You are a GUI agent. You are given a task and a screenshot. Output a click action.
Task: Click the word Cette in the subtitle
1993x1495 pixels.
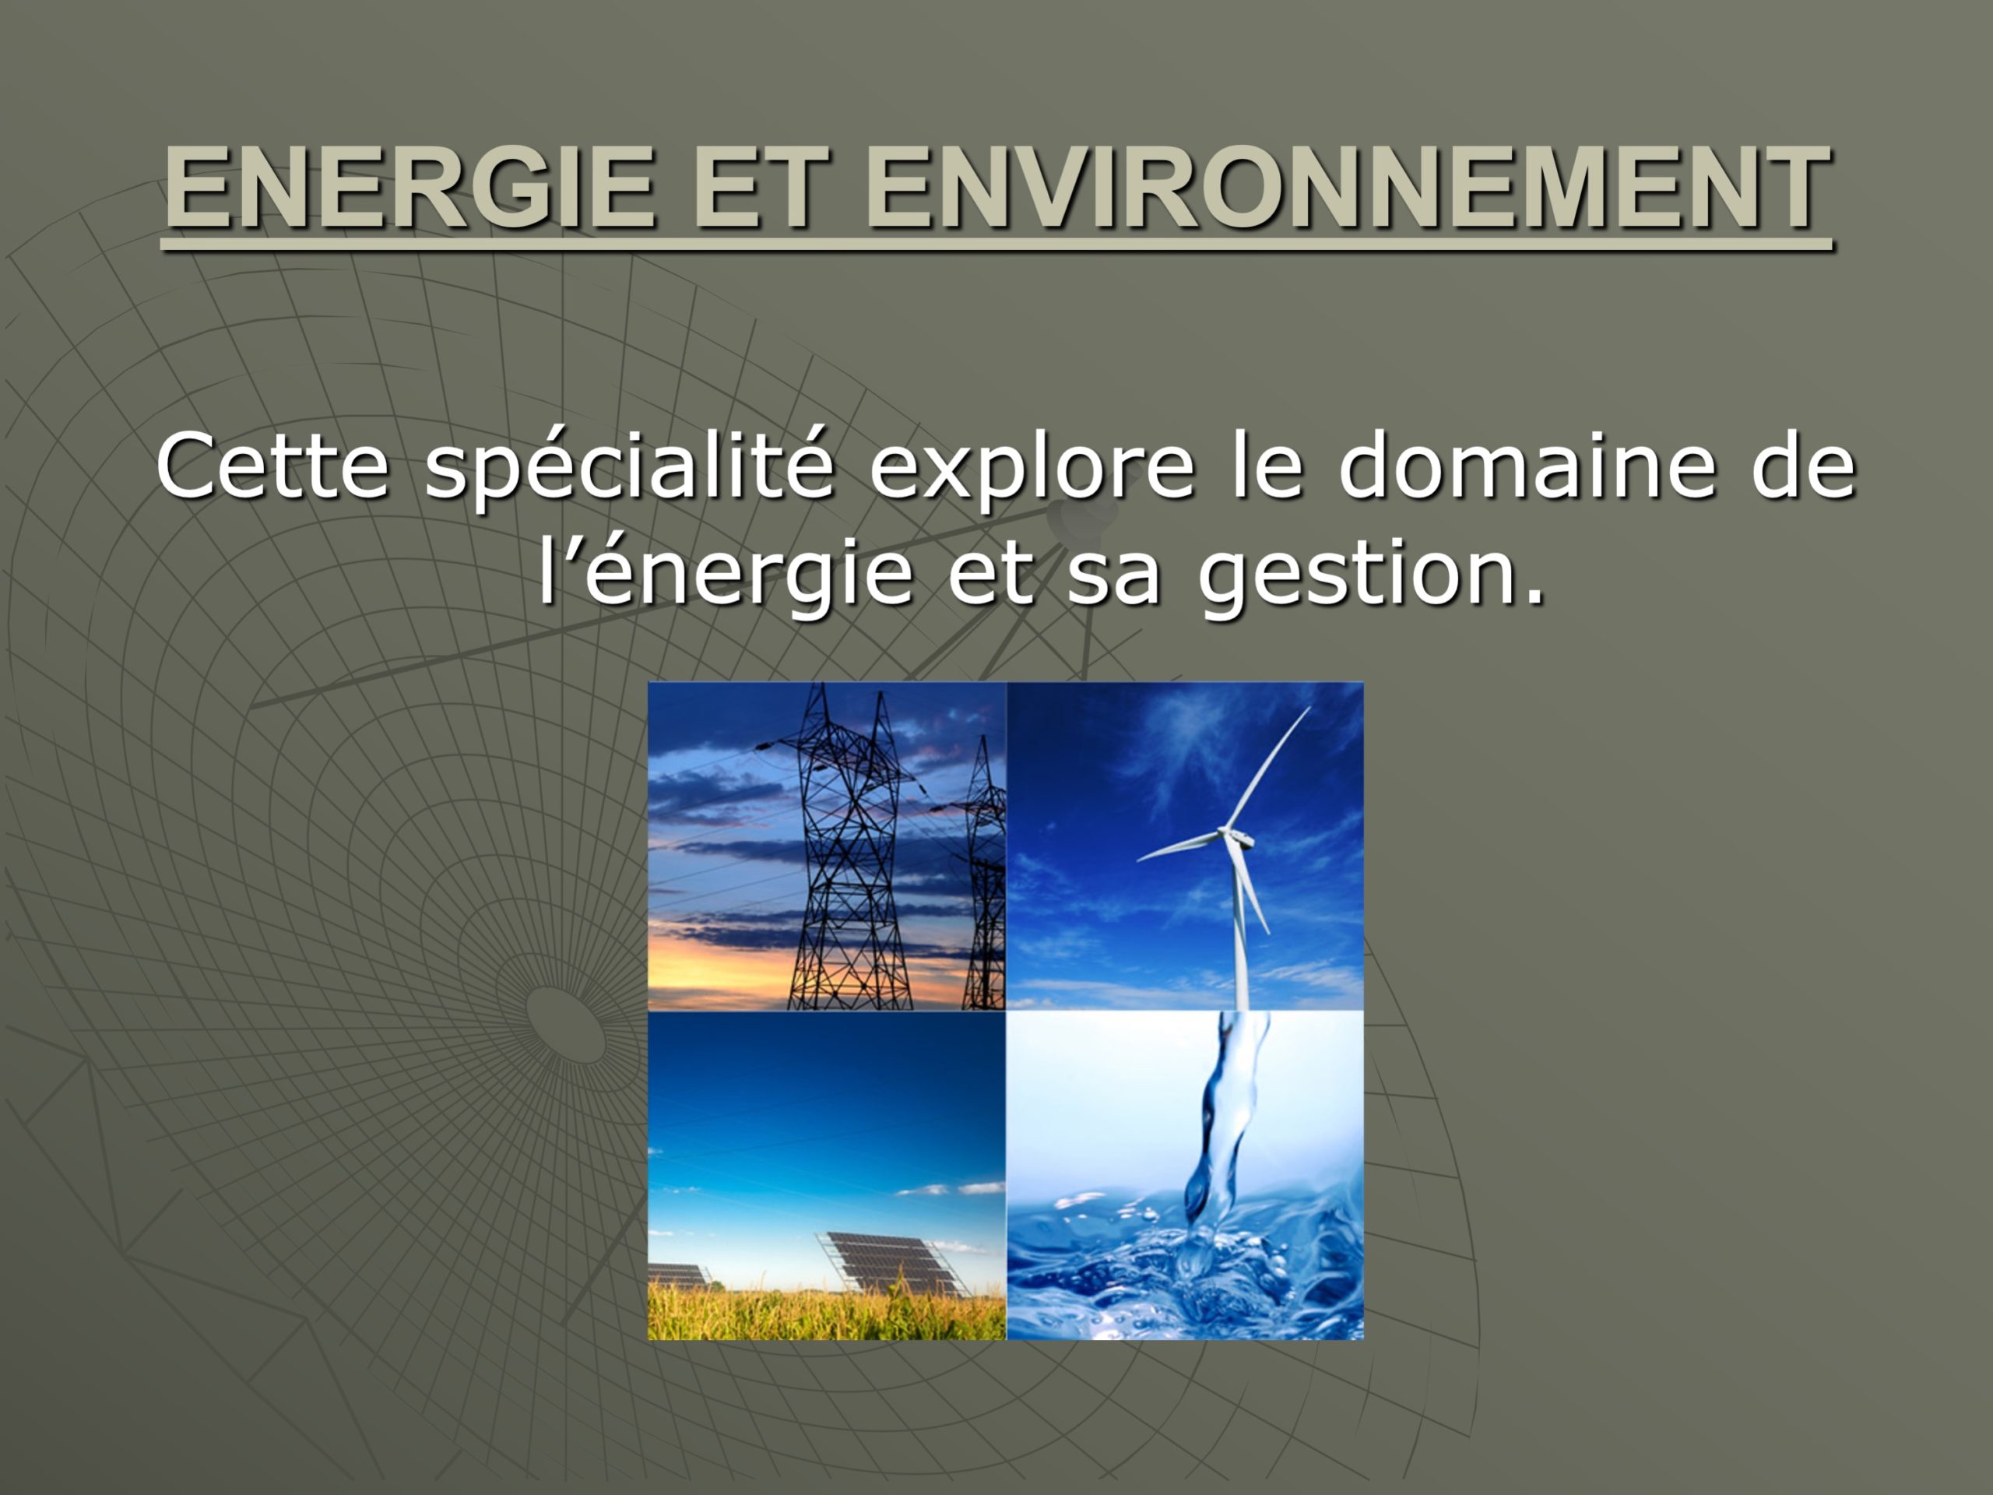[x=273, y=466]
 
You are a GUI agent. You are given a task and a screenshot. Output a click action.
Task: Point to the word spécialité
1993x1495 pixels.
[x=629, y=470]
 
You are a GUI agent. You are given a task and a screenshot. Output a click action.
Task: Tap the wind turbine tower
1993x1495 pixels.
[x=1241, y=928]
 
